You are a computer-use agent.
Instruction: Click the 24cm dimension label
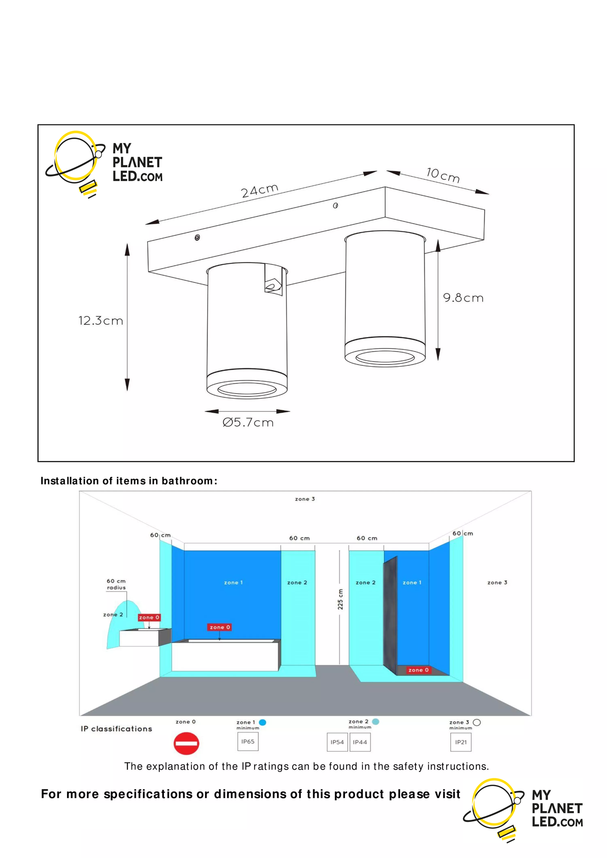259,190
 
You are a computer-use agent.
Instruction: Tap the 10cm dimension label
443,175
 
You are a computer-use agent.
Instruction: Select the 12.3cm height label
101,321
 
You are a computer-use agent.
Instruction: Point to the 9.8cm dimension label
463,298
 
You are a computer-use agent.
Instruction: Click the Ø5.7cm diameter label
248,423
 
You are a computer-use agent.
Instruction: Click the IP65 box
248,741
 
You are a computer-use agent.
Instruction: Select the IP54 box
337,742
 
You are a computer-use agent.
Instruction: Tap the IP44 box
360,742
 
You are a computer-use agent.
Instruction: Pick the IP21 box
461,742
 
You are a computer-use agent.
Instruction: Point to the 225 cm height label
340,599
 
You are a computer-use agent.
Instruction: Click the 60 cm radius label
116,584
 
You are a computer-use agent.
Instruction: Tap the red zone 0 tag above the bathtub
220,627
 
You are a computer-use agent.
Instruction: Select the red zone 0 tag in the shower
418,670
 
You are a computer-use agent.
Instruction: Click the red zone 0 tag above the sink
149,617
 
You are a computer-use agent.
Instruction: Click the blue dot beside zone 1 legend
263,722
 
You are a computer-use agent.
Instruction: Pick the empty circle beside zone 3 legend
477,722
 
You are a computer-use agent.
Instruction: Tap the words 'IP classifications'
117,729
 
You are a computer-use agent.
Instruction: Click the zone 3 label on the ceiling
305,499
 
